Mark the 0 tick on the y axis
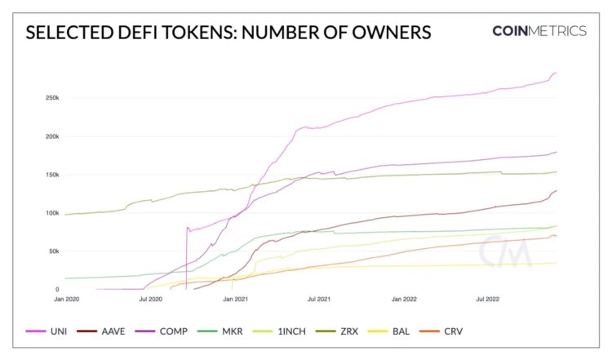(56, 289)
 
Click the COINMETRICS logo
(539, 31)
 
